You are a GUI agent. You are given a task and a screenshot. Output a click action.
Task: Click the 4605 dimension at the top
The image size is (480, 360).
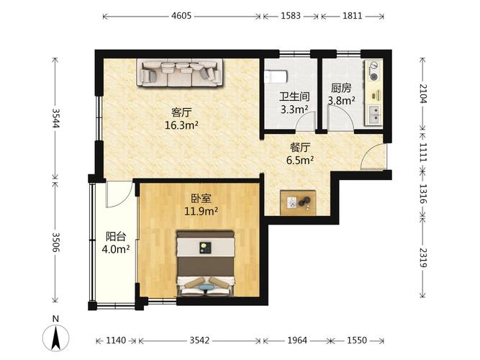181,16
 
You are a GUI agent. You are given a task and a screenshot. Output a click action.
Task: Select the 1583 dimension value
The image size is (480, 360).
291,16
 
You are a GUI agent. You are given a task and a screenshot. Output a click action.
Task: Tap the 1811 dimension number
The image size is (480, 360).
353,16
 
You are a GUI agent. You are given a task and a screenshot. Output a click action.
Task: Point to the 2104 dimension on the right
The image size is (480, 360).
422,94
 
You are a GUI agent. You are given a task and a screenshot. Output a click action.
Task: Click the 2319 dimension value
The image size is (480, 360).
422,257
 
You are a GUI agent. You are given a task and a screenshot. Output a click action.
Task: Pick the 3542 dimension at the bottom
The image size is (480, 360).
199,341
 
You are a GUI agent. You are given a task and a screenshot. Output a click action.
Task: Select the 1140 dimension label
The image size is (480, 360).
116,341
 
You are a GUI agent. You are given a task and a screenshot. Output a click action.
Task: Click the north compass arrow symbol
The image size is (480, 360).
55,338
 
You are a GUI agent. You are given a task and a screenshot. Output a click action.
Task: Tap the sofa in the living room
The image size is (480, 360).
180,73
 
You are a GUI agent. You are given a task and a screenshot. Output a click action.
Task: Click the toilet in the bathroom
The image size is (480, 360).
276,76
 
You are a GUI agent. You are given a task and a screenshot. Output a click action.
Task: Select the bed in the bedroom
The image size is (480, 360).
205,264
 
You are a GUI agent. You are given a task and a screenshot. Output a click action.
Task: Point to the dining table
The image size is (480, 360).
298,202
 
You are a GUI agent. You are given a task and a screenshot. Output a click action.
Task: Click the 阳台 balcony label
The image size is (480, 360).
116,237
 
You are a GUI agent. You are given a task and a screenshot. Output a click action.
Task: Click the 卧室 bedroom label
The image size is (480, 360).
201,199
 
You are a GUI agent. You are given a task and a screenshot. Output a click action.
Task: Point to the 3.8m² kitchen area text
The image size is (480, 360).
342,100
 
